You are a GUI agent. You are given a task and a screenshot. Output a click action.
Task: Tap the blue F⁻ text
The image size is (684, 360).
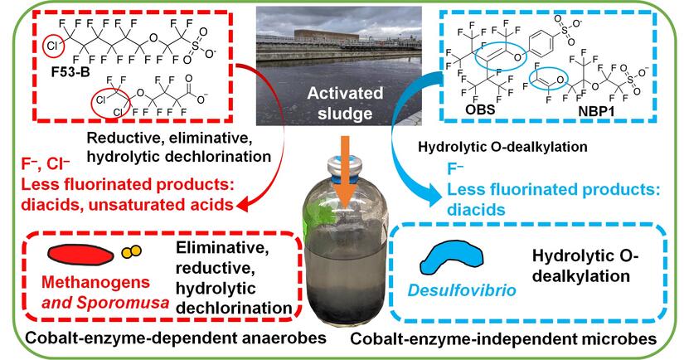click(453, 171)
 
